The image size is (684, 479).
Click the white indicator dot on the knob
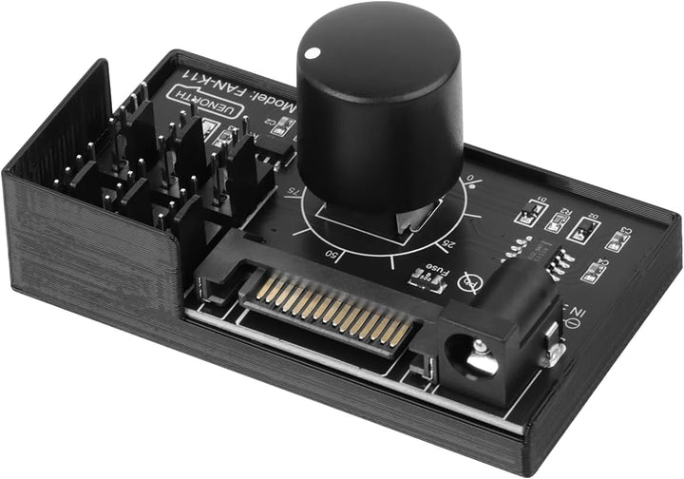(310, 54)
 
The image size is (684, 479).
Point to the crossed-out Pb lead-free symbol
(468, 281)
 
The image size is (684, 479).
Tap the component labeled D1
(529, 212)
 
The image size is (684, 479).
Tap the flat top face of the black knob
(379, 43)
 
